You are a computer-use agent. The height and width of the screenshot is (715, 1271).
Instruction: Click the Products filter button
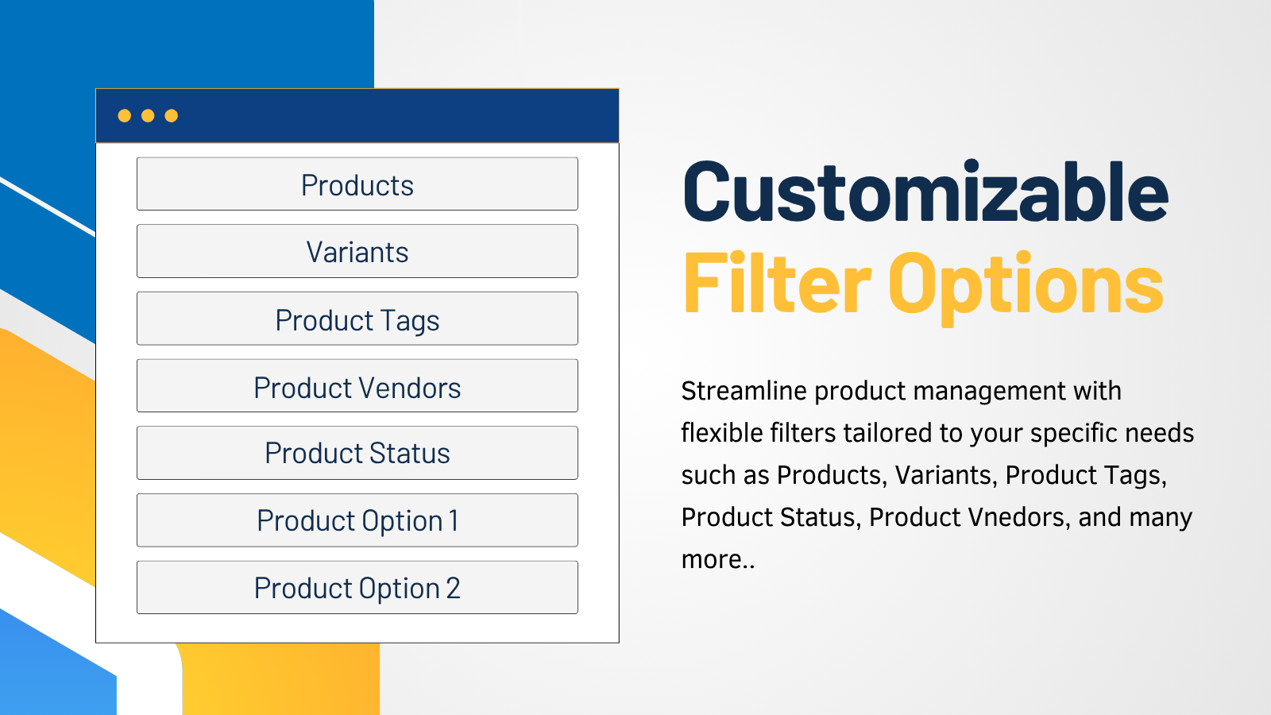coord(357,184)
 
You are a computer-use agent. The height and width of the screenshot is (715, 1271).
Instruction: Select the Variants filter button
coord(357,251)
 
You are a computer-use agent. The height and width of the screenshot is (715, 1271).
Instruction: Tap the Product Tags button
coord(357,319)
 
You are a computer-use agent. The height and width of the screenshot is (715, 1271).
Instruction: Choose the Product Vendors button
coord(357,385)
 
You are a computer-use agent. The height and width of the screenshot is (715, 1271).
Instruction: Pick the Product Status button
coord(357,453)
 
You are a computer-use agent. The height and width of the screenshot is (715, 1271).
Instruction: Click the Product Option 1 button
coord(357,520)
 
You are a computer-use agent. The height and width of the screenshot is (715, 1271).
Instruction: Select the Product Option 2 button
coord(357,587)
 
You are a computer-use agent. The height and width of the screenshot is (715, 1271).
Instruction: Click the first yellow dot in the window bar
coord(124,116)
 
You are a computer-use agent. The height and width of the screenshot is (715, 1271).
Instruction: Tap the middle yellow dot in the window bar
coord(148,116)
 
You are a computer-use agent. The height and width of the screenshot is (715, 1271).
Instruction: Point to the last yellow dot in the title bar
coord(172,116)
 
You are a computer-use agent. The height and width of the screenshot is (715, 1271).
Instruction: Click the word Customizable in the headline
coord(925,191)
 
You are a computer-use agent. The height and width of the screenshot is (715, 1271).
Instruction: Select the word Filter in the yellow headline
coord(777,283)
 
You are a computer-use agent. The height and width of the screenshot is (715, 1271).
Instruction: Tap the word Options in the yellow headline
coord(1026,287)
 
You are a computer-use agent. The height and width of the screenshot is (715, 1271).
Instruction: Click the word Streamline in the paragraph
coord(744,391)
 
